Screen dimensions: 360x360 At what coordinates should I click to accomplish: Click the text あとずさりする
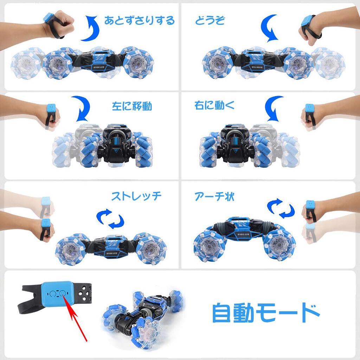pyautogui.click(x=140, y=20)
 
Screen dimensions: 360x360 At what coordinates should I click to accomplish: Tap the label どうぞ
pyautogui.click(x=210, y=20)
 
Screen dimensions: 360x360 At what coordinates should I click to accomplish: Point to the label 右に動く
pyautogui.click(x=214, y=105)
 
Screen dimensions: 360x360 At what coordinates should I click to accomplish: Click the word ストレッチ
pyautogui.click(x=136, y=196)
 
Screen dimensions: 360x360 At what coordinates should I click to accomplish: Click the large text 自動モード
pyautogui.click(x=265, y=312)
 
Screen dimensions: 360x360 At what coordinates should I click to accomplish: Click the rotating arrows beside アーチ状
pyautogui.click(x=280, y=208)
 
